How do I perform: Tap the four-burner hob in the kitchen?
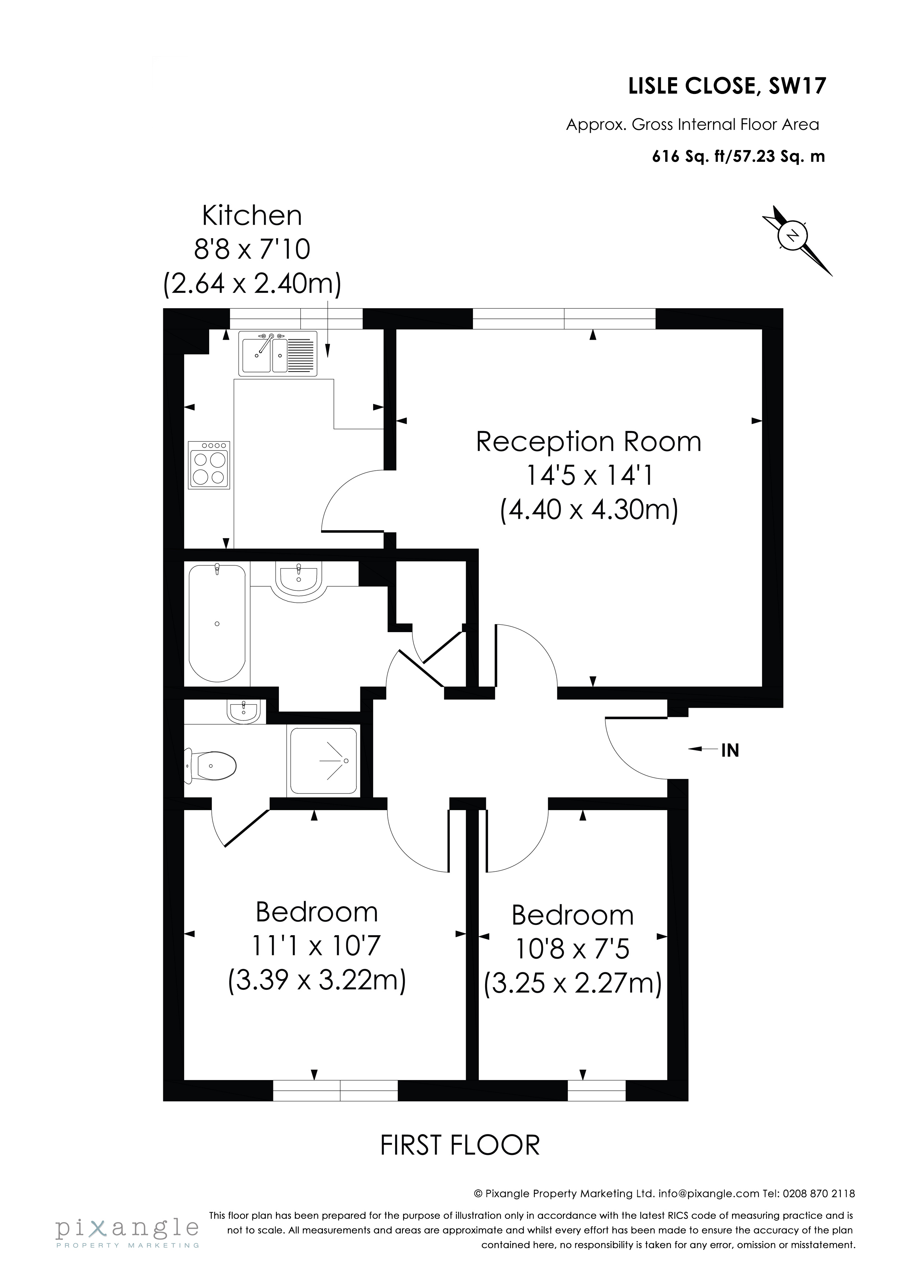point(210,465)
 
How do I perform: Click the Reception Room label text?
point(589,442)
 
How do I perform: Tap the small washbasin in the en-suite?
point(243,712)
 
